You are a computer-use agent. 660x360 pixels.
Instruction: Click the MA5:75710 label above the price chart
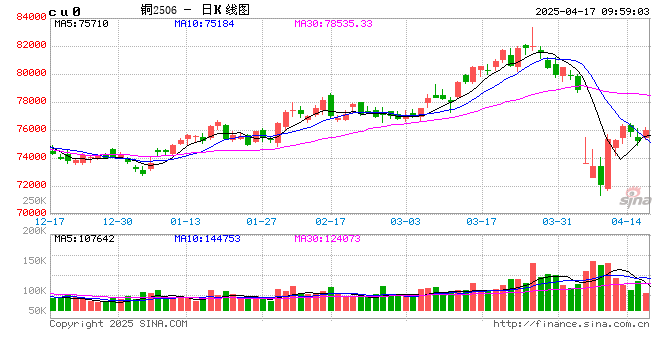point(82,22)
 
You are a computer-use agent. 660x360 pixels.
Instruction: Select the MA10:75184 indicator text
point(206,22)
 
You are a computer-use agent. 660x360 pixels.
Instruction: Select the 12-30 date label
point(118,221)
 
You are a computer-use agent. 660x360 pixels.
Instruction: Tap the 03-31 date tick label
point(555,221)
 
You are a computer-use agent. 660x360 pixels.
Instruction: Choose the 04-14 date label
point(626,221)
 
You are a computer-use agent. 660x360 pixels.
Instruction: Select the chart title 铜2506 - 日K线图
point(197,8)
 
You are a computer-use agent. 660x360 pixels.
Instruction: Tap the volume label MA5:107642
point(85,238)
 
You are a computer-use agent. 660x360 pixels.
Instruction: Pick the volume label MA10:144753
point(209,238)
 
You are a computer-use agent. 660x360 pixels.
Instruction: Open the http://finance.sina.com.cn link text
point(572,324)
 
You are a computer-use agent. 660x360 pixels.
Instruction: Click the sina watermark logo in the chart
point(631,194)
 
